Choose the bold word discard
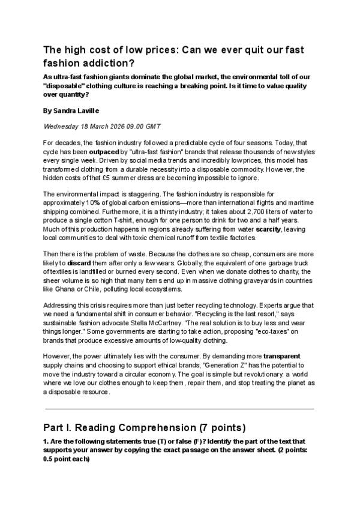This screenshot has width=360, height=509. pyautogui.click(x=79, y=262)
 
